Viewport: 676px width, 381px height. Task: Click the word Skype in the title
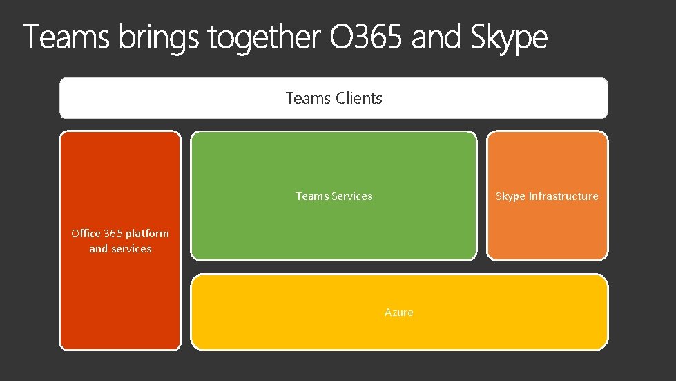click(x=509, y=39)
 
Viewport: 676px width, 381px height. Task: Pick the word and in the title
click(x=437, y=37)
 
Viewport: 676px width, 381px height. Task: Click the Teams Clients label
click(x=334, y=98)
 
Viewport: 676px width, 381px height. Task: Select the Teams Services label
click(x=334, y=196)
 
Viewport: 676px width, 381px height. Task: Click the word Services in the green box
click(x=352, y=196)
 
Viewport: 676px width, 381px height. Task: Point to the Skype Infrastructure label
click(x=547, y=196)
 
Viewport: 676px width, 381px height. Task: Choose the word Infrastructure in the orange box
click(x=563, y=196)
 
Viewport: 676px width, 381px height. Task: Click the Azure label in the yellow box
click(x=399, y=313)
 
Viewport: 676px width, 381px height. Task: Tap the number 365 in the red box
click(x=113, y=234)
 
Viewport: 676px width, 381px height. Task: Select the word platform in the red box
click(x=147, y=234)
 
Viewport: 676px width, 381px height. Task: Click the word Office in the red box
click(x=86, y=234)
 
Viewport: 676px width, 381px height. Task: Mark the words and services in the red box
click(x=120, y=249)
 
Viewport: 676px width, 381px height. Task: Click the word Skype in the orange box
click(x=510, y=197)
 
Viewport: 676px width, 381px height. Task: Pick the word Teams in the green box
click(x=312, y=196)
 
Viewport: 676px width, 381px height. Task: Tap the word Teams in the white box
click(x=309, y=98)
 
